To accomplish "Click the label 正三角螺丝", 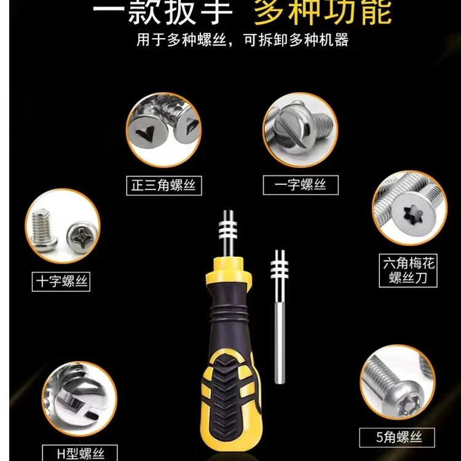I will [x=164, y=185].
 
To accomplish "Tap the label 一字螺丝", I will [x=301, y=185].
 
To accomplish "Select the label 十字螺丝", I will [x=61, y=282].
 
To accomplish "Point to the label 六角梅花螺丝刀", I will [x=408, y=271].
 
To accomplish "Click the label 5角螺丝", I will [x=397, y=438].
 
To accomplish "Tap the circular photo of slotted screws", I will [x=301, y=129].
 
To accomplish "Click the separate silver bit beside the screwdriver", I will [x=280, y=307].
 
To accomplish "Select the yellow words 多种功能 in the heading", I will [x=323, y=12].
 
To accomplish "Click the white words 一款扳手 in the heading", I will [x=164, y=12].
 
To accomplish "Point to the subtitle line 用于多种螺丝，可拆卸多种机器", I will [x=242, y=41].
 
